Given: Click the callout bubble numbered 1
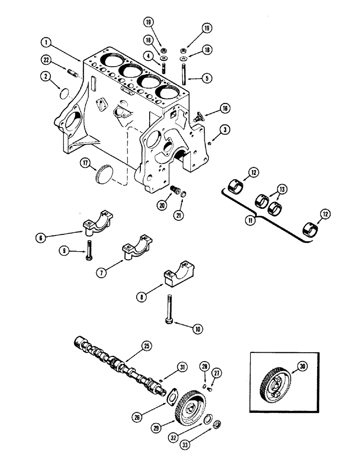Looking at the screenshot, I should pos(45,42).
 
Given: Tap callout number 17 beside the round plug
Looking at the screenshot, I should pos(85,163).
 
